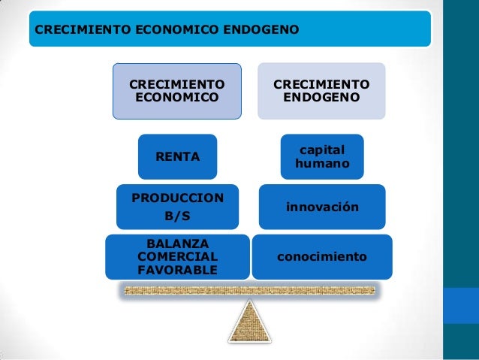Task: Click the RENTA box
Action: pos(177,156)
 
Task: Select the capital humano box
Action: pos(322,156)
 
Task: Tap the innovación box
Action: pos(322,206)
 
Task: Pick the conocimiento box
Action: pos(322,257)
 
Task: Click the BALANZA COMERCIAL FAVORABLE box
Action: pos(177,256)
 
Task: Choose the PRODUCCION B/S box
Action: pos(177,207)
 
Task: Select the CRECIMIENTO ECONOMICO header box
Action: pos(177,91)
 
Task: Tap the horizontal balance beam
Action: pos(248,289)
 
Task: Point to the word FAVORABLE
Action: pos(177,270)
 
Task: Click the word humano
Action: pos(322,163)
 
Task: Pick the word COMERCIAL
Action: pos(177,256)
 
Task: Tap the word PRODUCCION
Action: pos(177,198)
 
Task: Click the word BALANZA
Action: pos(177,244)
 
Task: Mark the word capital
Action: pos(322,150)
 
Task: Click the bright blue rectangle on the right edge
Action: pos(461,308)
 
